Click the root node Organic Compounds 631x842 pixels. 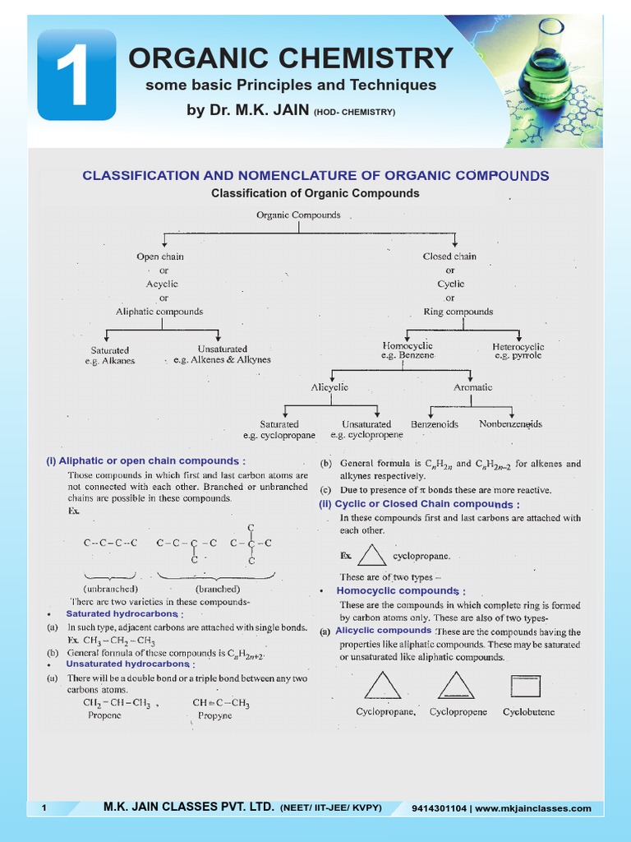pyautogui.click(x=298, y=215)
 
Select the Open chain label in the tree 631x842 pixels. pyautogui.click(x=160, y=257)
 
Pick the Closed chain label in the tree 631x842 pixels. pyautogui.click(x=449, y=257)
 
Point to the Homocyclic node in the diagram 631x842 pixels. pyautogui.click(x=408, y=346)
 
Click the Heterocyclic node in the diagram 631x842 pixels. pyautogui.click(x=518, y=347)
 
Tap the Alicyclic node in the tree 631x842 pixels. pyautogui.click(x=329, y=387)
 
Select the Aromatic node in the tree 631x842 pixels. pyautogui.click(x=473, y=387)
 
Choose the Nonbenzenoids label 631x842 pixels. pyautogui.click(x=510, y=424)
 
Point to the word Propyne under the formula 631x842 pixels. pyautogui.click(x=215, y=715)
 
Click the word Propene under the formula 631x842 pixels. pyautogui.click(x=104, y=715)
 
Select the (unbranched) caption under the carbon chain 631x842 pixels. pyautogui.click(x=110, y=589)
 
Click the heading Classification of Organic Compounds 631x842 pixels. pyautogui.click(x=315, y=193)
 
